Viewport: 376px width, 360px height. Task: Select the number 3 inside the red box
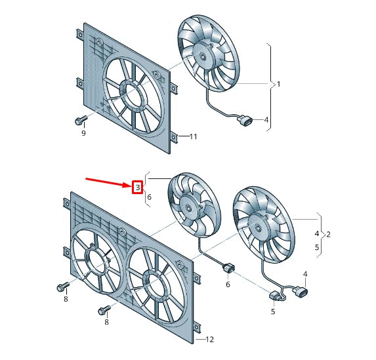(x=138, y=188)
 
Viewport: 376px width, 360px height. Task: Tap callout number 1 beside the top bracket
(x=278, y=84)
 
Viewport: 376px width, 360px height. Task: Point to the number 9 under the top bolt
(x=83, y=134)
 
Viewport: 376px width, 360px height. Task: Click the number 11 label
(x=193, y=136)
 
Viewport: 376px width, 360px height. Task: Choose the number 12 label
(x=209, y=339)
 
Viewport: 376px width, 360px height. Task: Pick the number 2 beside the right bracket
(x=328, y=234)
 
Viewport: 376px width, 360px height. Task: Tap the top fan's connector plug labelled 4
(x=246, y=121)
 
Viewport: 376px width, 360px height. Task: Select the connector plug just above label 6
(x=228, y=268)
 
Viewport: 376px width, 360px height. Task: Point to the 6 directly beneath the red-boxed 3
(x=149, y=197)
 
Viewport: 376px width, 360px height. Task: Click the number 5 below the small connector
(x=274, y=312)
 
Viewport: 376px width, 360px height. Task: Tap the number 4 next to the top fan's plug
(x=266, y=120)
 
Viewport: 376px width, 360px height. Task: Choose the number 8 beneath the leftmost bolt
(x=66, y=300)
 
